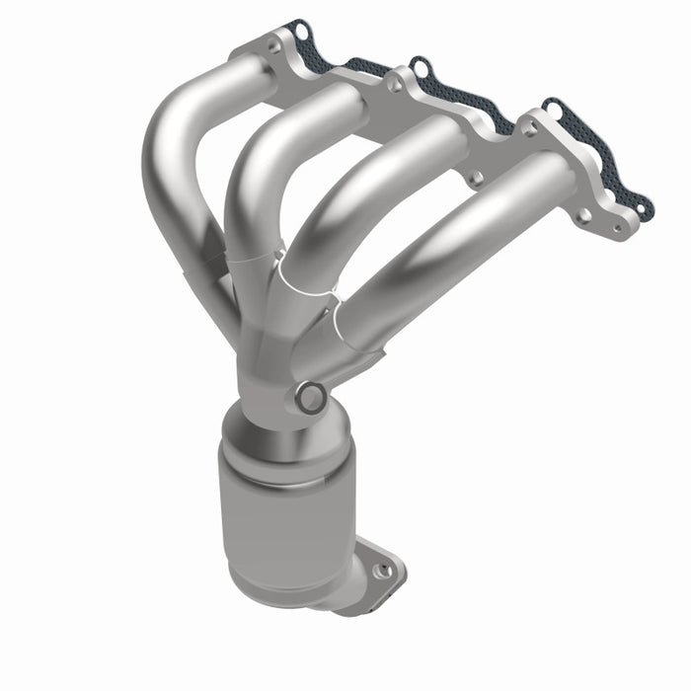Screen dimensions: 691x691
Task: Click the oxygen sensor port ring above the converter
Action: (x=311, y=397)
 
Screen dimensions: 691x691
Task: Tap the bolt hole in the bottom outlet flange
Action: (x=386, y=570)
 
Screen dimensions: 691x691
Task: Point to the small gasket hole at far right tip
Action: (x=644, y=209)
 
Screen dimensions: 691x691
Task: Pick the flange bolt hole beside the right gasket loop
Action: (x=525, y=125)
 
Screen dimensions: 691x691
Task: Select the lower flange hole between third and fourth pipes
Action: (x=475, y=178)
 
